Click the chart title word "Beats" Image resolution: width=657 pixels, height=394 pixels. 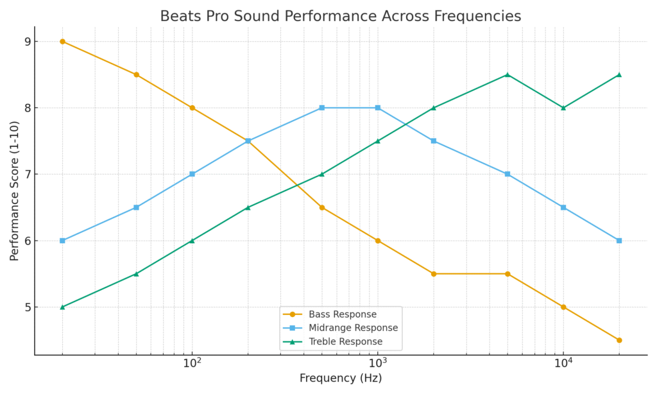tap(177, 16)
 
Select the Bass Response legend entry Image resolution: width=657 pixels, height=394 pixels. tap(342, 314)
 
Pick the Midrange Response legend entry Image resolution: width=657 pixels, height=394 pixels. tap(353, 328)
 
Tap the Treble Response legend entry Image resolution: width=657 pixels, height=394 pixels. tap(345, 341)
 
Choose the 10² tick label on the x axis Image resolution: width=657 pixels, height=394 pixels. tap(191, 363)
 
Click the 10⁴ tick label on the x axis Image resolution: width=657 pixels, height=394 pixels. tap(563, 363)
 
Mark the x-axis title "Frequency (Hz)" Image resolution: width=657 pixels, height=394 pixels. tap(340, 379)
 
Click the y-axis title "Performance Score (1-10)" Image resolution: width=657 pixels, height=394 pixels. tap(15, 191)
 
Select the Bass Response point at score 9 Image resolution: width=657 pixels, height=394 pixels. tap(62, 42)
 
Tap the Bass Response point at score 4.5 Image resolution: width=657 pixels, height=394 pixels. tap(619, 340)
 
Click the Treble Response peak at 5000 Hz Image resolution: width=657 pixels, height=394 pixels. tap(508, 74)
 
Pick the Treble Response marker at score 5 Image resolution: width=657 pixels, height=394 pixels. tap(62, 307)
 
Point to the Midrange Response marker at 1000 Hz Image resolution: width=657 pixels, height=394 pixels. tap(378, 108)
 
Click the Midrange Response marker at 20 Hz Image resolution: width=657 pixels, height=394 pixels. tap(62, 241)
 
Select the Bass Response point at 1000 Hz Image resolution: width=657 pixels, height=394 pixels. tap(378, 241)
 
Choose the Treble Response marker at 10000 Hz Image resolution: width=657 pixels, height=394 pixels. tap(563, 108)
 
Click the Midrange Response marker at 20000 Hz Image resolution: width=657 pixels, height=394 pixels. tap(619, 241)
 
